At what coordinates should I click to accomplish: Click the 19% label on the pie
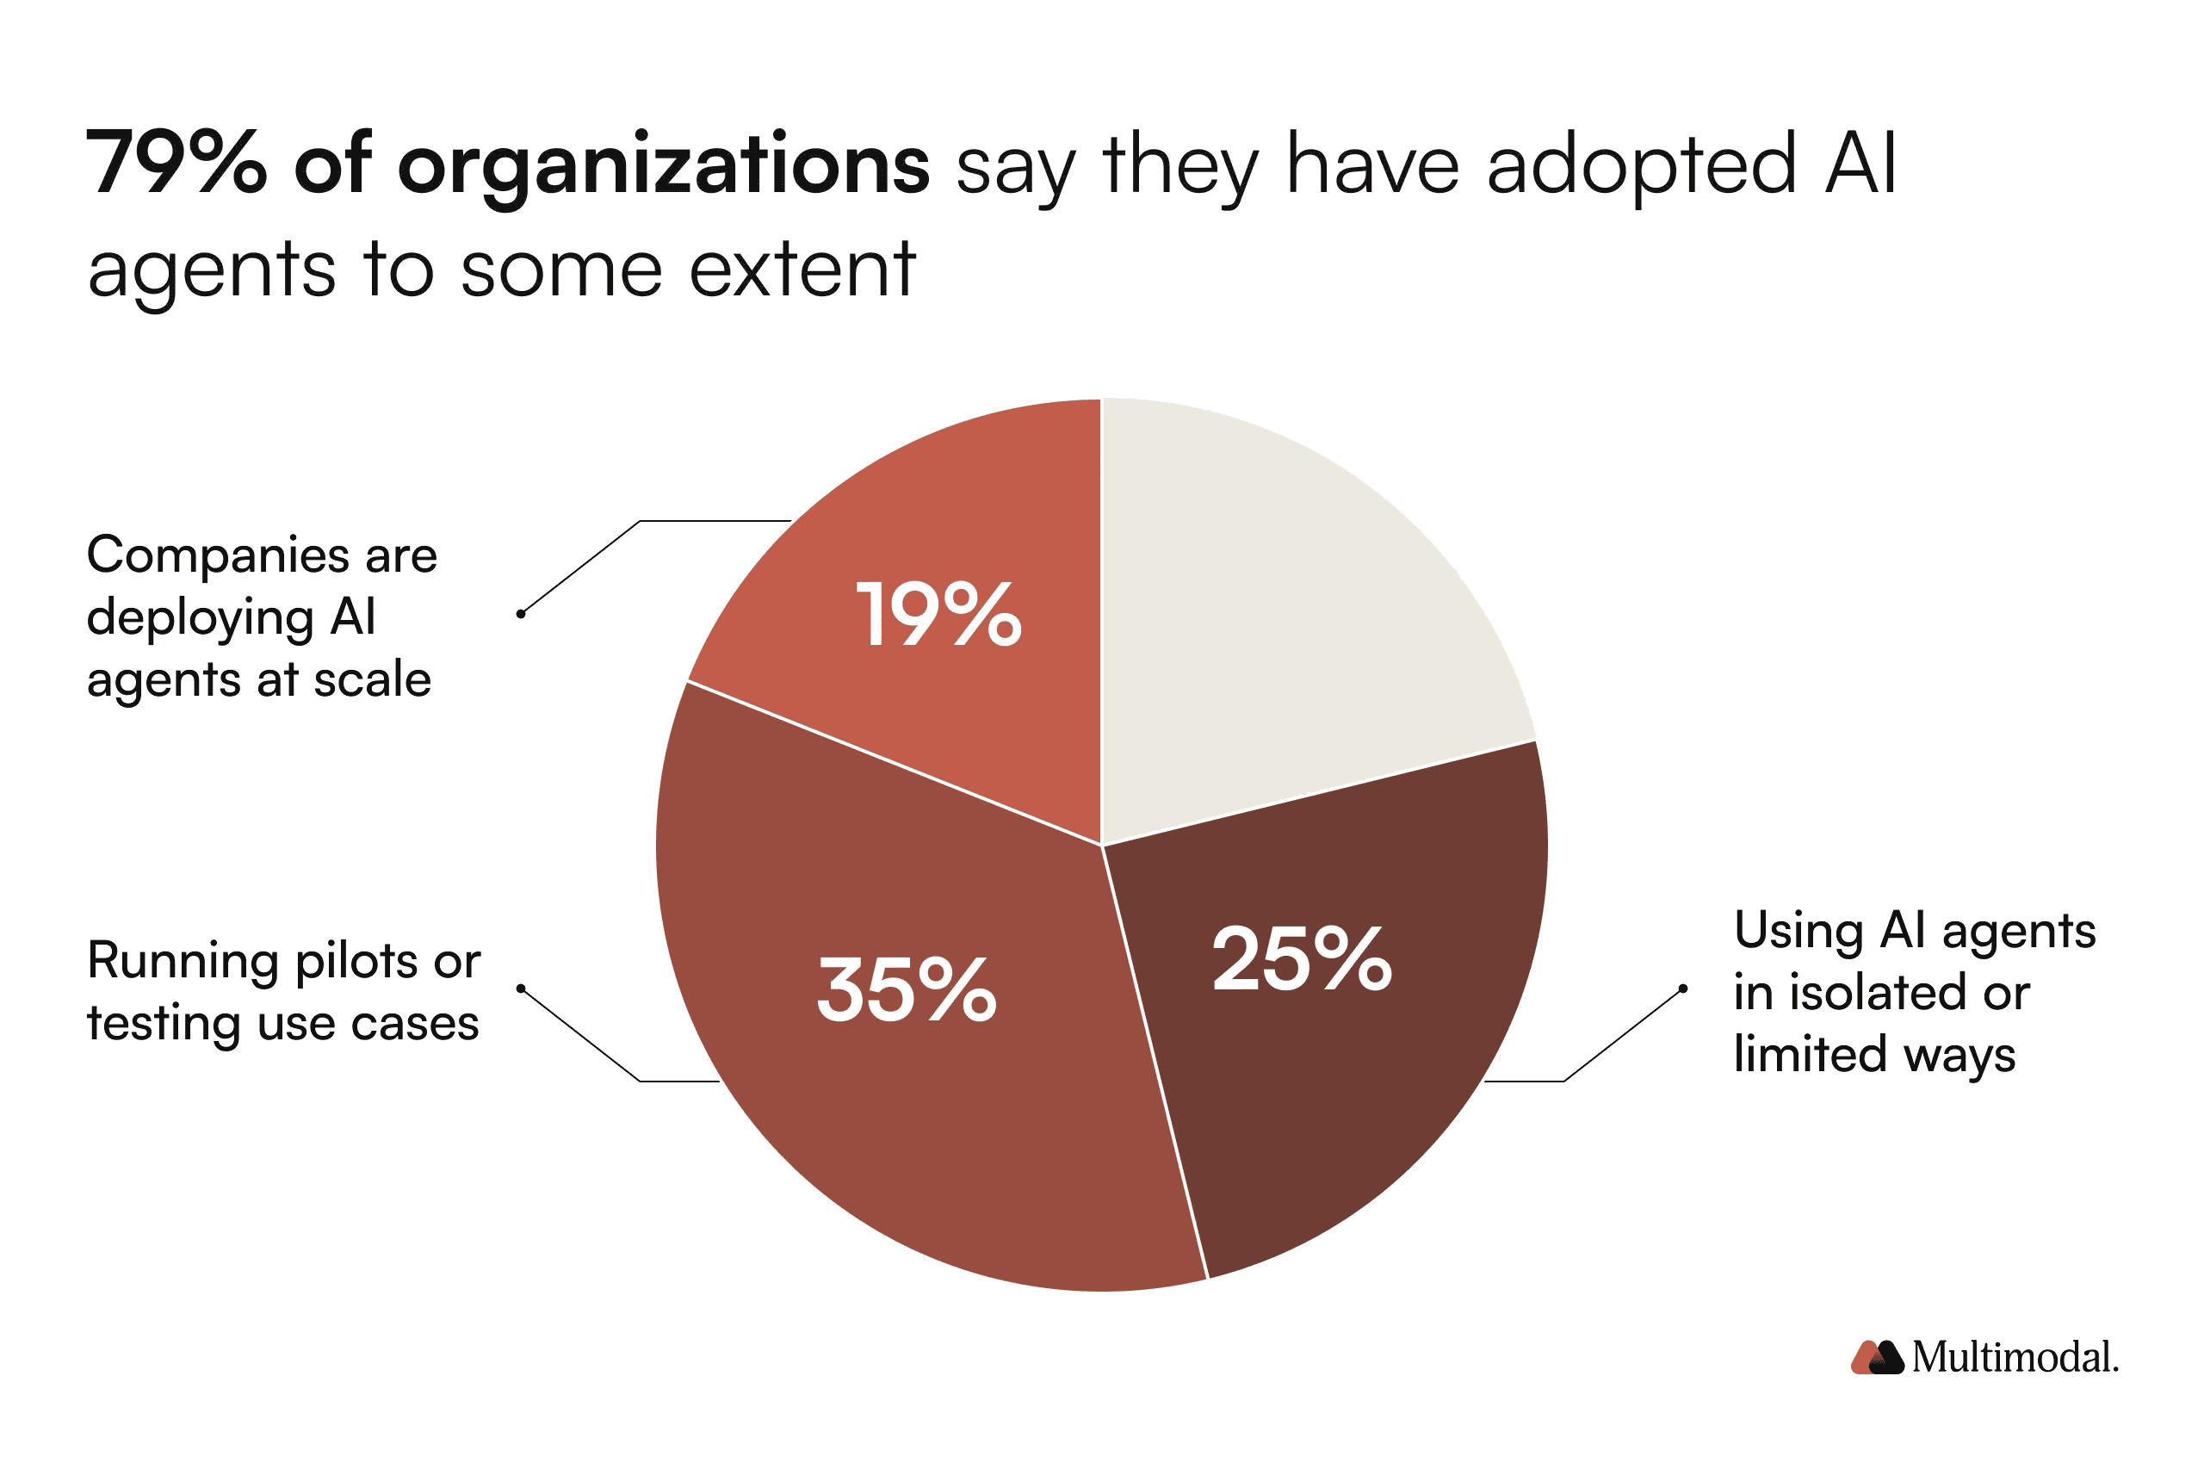point(938,615)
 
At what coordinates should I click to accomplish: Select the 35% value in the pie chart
point(906,990)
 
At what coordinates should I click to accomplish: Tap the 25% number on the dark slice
point(1301,958)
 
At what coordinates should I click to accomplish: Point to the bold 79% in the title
point(176,164)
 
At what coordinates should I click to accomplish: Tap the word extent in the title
point(802,270)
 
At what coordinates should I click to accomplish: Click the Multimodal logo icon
point(1876,1358)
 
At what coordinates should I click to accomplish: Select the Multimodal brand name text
point(2015,1358)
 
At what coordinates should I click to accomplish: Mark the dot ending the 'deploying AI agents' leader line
point(521,614)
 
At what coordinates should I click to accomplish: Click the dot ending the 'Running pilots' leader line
point(521,989)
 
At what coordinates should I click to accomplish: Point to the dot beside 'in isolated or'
point(1683,989)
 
